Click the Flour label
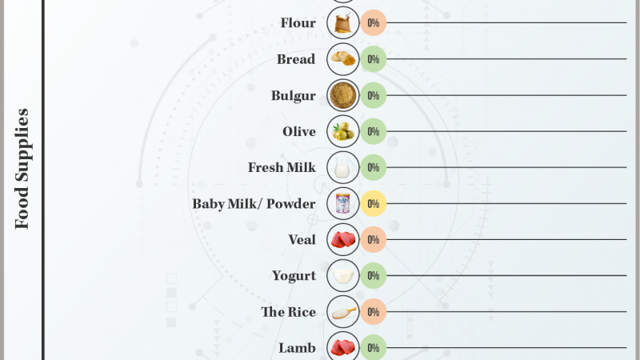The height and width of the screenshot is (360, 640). click(298, 23)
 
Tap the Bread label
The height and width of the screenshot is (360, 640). click(296, 59)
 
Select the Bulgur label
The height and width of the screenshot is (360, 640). click(293, 96)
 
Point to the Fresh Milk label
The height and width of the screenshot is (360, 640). click(282, 168)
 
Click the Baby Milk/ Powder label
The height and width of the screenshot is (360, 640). click(254, 204)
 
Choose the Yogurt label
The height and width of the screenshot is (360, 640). click(294, 276)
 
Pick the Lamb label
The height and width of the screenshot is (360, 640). click(297, 348)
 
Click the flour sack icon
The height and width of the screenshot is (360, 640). click(343, 23)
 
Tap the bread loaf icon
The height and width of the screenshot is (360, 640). click(343, 59)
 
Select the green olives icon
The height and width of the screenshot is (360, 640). click(343, 131)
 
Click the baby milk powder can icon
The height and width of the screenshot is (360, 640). click(343, 203)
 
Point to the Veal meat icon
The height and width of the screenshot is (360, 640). click(343, 239)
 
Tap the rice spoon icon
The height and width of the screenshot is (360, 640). click(343, 311)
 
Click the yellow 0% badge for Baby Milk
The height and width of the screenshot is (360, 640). click(373, 204)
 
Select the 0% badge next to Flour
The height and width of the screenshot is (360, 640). click(373, 23)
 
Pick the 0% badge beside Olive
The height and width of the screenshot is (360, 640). click(373, 131)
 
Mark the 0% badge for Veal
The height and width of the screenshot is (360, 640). click(373, 239)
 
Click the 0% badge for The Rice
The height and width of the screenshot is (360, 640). click(373, 312)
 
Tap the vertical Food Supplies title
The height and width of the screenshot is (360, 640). click(22, 169)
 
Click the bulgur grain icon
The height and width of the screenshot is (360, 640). click(343, 95)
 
